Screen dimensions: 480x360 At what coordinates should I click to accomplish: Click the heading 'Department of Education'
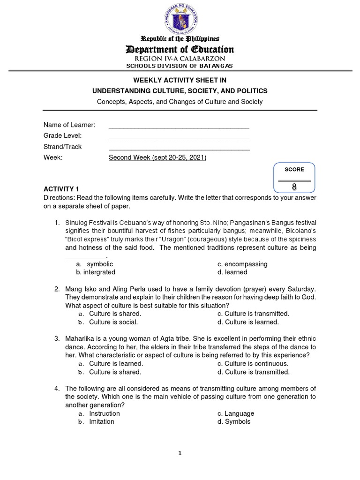click(180, 49)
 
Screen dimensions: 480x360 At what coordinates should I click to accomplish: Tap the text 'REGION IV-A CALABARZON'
click(180, 59)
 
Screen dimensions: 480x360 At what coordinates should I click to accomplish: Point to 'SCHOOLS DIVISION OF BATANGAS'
click(180, 66)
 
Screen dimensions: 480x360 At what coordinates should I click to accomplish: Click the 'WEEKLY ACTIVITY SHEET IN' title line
click(180, 81)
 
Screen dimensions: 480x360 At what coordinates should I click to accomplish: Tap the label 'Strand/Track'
click(62, 147)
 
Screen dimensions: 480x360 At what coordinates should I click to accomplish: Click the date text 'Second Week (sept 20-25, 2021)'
click(157, 157)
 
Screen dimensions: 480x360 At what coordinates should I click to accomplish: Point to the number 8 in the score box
click(294, 187)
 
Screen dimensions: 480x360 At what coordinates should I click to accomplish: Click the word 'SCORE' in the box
click(294, 170)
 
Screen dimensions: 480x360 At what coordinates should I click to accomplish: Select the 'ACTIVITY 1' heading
click(61, 189)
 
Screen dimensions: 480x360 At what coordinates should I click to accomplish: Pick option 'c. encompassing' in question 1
click(242, 264)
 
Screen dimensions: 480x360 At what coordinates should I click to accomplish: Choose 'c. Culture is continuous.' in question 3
click(253, 363)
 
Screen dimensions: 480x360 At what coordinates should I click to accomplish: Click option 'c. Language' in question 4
click(236, 413)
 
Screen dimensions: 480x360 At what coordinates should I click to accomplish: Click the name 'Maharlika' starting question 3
click(79, 338)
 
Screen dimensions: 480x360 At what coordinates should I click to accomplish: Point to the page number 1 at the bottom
click(180, 453)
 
